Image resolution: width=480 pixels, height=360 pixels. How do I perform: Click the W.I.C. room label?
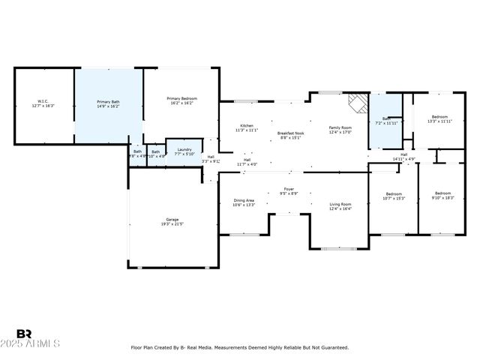coord(43,101)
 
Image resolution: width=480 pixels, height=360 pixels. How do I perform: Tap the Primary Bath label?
coord(108,101)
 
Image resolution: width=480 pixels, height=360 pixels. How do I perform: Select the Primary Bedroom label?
coord(182,98)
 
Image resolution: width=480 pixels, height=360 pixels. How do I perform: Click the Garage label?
coord(172,219)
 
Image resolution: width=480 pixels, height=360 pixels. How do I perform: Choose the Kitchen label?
coord(247,125)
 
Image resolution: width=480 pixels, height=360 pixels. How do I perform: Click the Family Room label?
coord(340,127)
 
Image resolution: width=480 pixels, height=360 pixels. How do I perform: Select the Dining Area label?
coord(244,200)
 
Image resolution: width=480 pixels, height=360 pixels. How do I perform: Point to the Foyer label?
coord(289,189)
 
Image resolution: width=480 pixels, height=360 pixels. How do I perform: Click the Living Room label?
coord(341,203)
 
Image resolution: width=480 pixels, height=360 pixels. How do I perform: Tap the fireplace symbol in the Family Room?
coord(358,102)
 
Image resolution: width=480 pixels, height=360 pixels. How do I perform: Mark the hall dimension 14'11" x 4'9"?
coord(403,159)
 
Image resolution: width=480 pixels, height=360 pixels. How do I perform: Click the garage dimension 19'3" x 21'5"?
coord(172,224)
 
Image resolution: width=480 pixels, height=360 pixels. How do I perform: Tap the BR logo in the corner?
coord(24,334)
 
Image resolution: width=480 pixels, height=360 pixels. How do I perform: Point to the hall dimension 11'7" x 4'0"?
coord(247,163)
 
